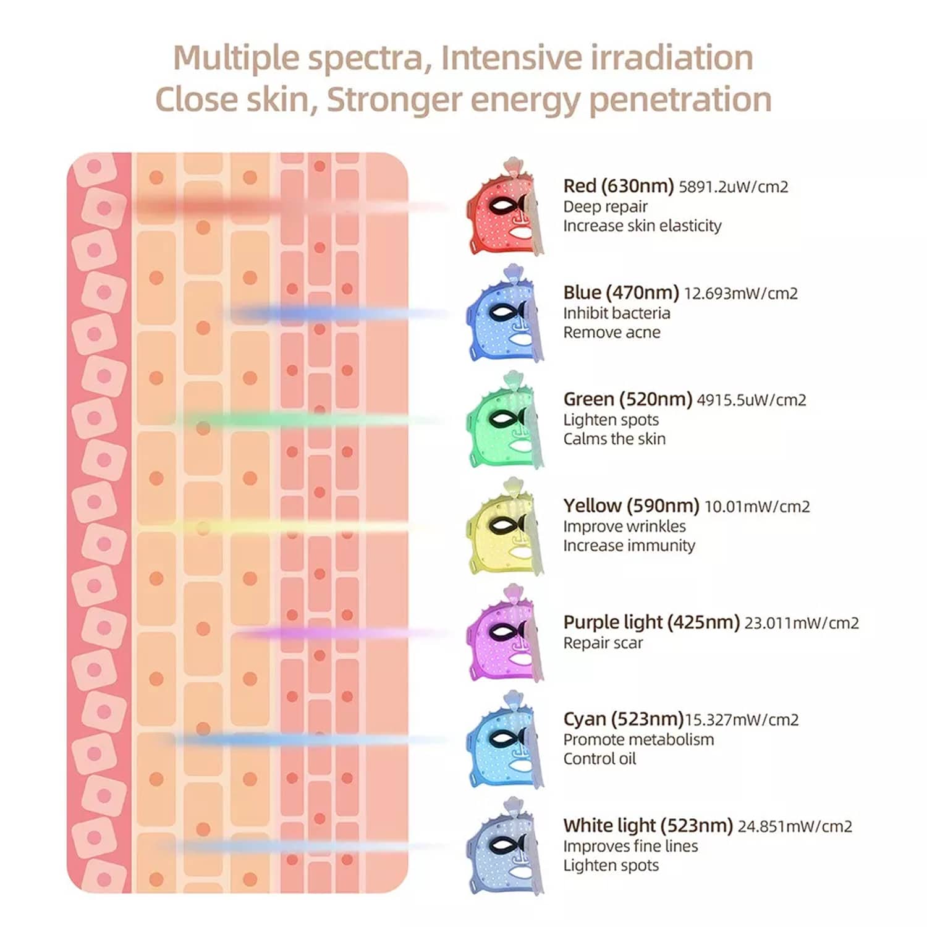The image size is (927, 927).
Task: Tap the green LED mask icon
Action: pyautogui.click(x=504, y=421)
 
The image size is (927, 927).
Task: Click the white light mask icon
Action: pyautogui.click(x=504, y=847)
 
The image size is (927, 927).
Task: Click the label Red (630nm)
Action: pyautogui.click(x=618, y=186)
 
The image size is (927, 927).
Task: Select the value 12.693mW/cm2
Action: pyautogui.click(x=740, y=293)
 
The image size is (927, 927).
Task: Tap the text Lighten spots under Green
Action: pyautogui.click(x=611, y=420)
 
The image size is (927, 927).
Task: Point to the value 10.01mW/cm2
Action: pyautogui.click(x=757, y=507)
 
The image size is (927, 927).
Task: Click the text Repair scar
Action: pyautogui.click(x=603, y=643)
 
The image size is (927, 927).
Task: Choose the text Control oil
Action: pyautogui.click(x=599, y=759)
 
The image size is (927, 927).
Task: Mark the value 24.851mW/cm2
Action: pyautogui.click(x=795, y=826)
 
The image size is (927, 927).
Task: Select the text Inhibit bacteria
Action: pyautogui.click(x=616, y=313)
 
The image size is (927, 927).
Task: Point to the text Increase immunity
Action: pyautogui.click(x=629, y=546)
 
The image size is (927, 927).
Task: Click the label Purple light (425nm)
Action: pyautogui.click(x=651, y=622)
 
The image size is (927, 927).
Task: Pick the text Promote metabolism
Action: pyautogui.click(x=638, y=740)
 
